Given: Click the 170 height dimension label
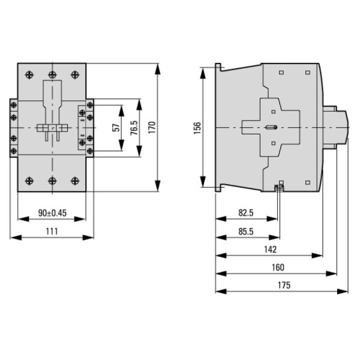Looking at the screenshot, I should point(152,127).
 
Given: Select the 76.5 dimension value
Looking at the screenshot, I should point(134,127).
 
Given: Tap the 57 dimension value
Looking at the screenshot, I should point(117,127).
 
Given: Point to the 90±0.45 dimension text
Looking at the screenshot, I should point(51,213).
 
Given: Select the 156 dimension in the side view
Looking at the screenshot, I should point(198,128).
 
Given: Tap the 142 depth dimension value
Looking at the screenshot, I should point(269,249).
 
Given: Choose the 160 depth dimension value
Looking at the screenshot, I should point(277,268).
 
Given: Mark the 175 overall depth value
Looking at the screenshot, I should point(282,286).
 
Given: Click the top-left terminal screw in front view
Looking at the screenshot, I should point(30,74).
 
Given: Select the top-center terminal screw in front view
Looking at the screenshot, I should point(52,74).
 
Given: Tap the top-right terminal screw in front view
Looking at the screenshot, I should point(74,74).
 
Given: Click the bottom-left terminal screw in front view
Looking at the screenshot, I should point(30,179).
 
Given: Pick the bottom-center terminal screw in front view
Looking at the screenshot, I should point(52,179).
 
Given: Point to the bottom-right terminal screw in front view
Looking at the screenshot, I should point(74,179).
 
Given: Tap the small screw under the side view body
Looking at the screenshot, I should point(278,189).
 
